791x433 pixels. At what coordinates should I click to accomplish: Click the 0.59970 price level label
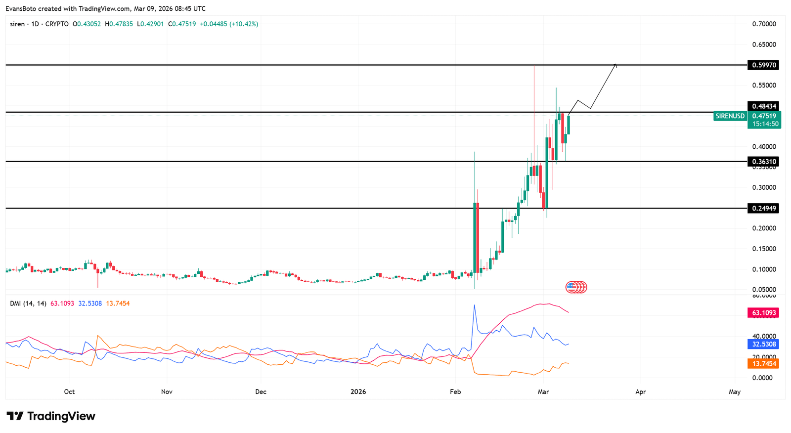(764, 65)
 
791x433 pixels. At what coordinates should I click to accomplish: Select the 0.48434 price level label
(764, 106)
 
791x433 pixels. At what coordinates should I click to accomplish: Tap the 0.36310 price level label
(764, 162)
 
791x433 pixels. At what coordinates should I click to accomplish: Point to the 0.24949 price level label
(764, 208)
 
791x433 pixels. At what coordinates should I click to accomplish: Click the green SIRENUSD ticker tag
(730, 116)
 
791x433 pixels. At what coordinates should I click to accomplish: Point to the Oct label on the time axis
(69, 392)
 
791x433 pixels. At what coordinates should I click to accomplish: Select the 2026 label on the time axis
(358, 392)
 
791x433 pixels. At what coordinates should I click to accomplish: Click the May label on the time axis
(735, 392)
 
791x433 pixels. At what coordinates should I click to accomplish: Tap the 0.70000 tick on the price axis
(764, 24)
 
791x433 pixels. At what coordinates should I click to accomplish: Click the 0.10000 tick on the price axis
(764, 269)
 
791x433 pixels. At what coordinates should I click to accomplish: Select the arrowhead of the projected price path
(615, 64)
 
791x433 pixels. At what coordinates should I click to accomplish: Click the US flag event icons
(576, 287)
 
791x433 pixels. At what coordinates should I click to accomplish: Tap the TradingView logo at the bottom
(51, 416)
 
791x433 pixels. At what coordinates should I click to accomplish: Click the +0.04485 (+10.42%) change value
(229, 24)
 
